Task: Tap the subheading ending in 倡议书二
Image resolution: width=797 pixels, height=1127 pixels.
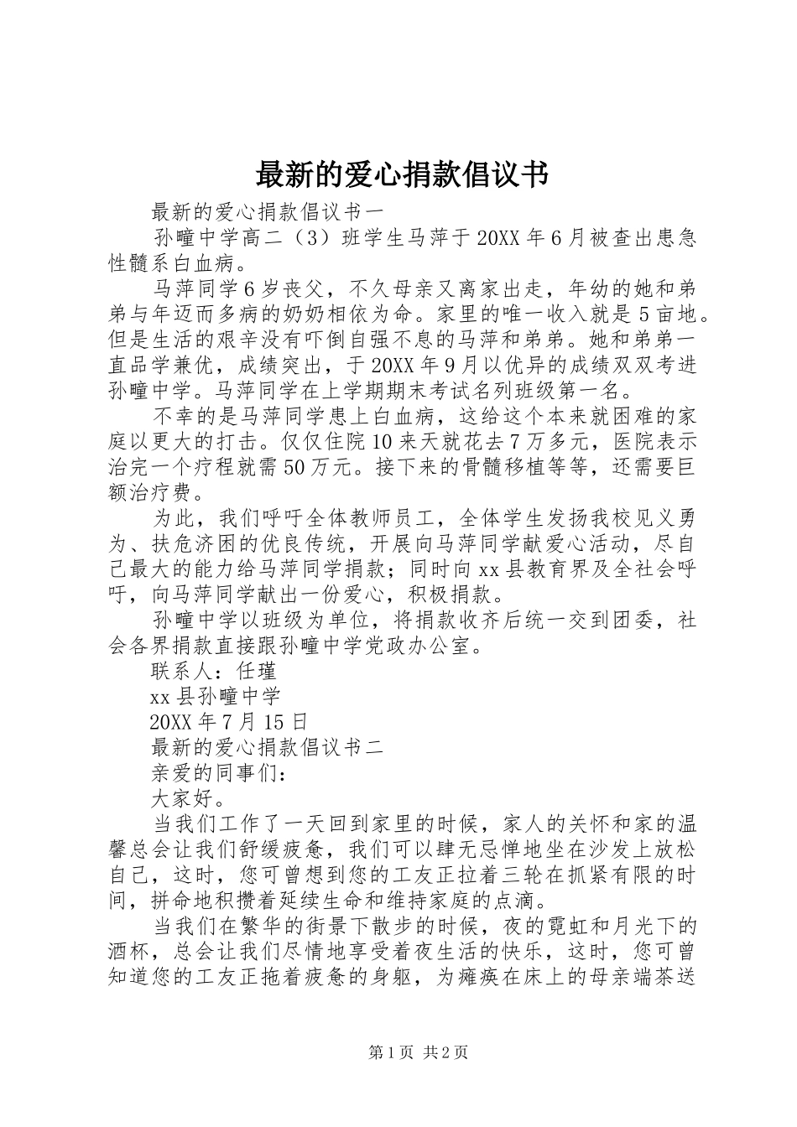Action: (268, 747)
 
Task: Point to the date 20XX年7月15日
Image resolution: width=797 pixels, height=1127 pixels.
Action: (229, 721)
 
